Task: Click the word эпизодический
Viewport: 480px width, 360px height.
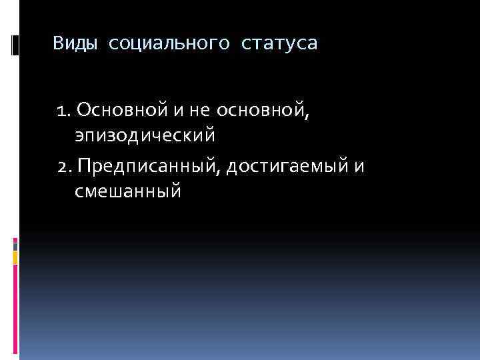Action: (x=145, y=136)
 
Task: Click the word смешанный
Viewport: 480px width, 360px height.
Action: (x=128, y=192)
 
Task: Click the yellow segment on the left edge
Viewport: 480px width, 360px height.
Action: (x=15, y=257)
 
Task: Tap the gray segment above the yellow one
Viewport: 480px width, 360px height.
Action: (x=15, y=245)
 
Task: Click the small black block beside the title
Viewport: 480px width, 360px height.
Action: (x=15, y=45)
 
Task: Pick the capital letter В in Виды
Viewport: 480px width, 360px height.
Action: (x=59, y=45)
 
